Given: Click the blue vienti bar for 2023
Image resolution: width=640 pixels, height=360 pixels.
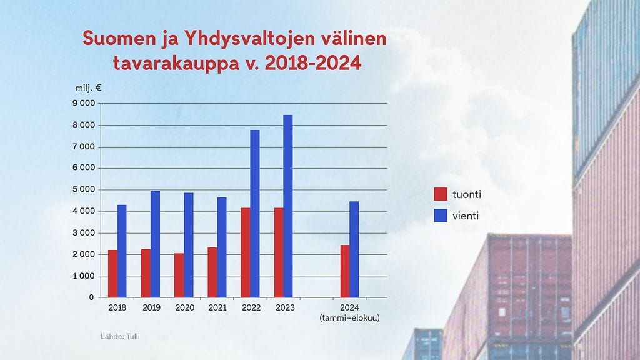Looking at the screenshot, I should [x=287, y=206].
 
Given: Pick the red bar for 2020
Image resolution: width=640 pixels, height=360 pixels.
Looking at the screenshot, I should [x=179, y=275].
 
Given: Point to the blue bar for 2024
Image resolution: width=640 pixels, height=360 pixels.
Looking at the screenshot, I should [x=354, y=249].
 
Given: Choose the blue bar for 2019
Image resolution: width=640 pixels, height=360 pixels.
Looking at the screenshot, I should [x=155, y=244].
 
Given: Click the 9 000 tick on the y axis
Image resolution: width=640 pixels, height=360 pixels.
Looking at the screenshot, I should [x=84, y=104].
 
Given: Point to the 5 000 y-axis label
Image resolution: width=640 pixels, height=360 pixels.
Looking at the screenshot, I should [x=84, y=190].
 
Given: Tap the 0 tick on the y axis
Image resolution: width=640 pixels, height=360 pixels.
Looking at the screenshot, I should [x=91, y=297].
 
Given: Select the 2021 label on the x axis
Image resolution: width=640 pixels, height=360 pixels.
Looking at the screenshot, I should [x=217, y=308].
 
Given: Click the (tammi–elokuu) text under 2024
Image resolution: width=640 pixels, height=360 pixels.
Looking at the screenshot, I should [x=349, y=318].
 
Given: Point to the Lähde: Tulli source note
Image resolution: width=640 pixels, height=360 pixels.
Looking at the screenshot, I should [x=121, y=337].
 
